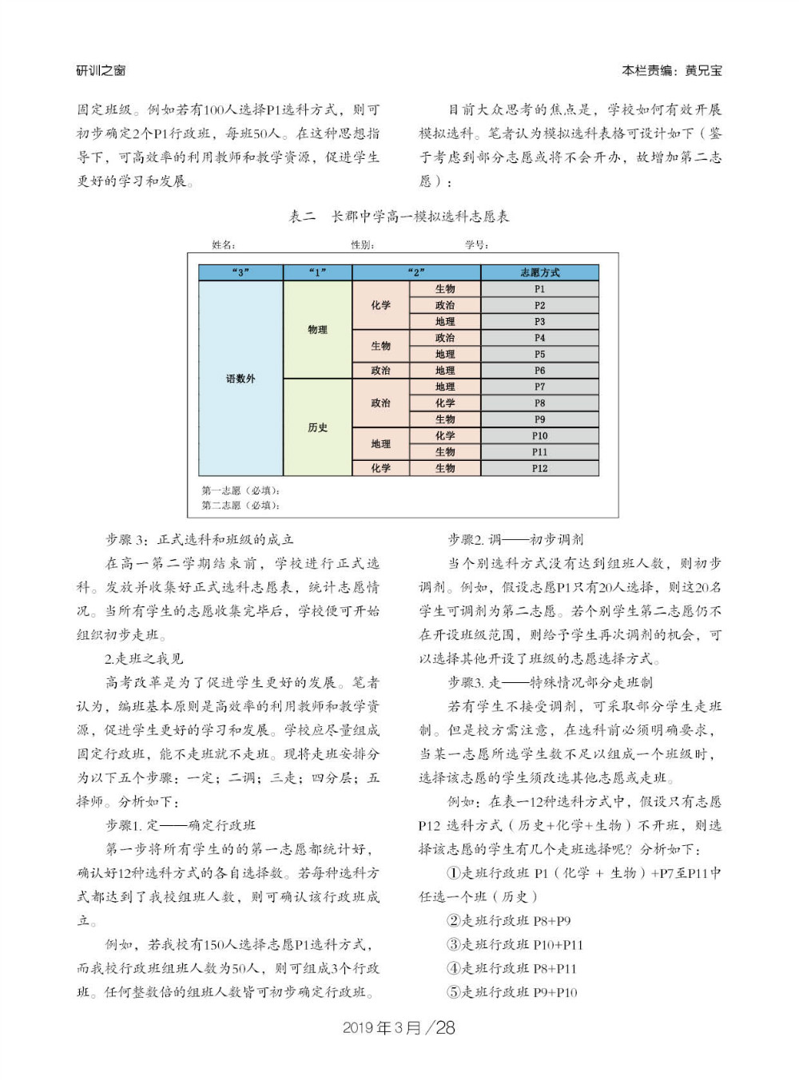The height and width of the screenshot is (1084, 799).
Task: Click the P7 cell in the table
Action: (x=539, y=387)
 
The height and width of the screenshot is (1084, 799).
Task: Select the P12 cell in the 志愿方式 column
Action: (x=539, y=468)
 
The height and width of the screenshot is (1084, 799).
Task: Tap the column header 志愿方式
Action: (x=539, y=272)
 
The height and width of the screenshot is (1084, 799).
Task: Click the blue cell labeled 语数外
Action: (x=240, y=379)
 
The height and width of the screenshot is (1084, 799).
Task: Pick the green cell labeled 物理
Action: (x=317, y=329)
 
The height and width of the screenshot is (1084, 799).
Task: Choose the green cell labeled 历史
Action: (x=317, y=427)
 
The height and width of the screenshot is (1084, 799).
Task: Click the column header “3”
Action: (x=240, y=272)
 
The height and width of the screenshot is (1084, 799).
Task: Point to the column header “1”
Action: (x=317, y=272)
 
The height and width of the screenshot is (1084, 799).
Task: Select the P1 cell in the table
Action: (x=539, y=289)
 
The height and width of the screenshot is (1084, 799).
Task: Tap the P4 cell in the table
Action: (x=539, y=338)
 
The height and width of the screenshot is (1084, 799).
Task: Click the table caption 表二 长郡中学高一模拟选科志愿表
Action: (x=399, y=216)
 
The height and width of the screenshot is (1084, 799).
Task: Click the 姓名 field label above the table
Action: (x=223, y=245)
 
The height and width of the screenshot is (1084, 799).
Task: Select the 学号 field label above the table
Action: (x=477, y=245)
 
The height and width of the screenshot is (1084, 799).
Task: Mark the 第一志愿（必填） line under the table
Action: (x=240, y=490)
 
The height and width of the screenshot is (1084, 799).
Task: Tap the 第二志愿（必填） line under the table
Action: (x=240, y=505)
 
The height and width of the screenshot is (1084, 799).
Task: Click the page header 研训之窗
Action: (x=101, y=70)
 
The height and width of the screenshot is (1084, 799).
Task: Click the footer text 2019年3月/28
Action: (x=399, y=1028)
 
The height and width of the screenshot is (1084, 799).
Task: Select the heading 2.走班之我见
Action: (x=144, y=659)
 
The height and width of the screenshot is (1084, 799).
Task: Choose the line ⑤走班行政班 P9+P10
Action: (x=512, y=992)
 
